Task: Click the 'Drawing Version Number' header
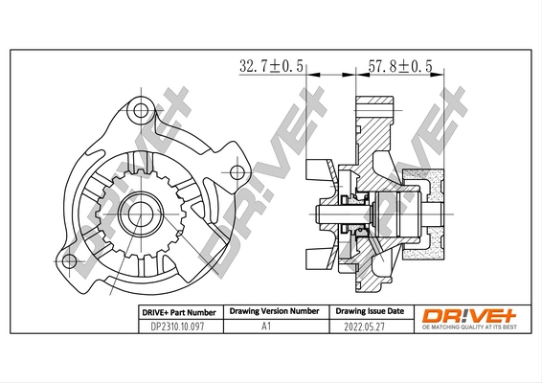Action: click(274, 312)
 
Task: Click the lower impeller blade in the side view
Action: click(319, 256)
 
